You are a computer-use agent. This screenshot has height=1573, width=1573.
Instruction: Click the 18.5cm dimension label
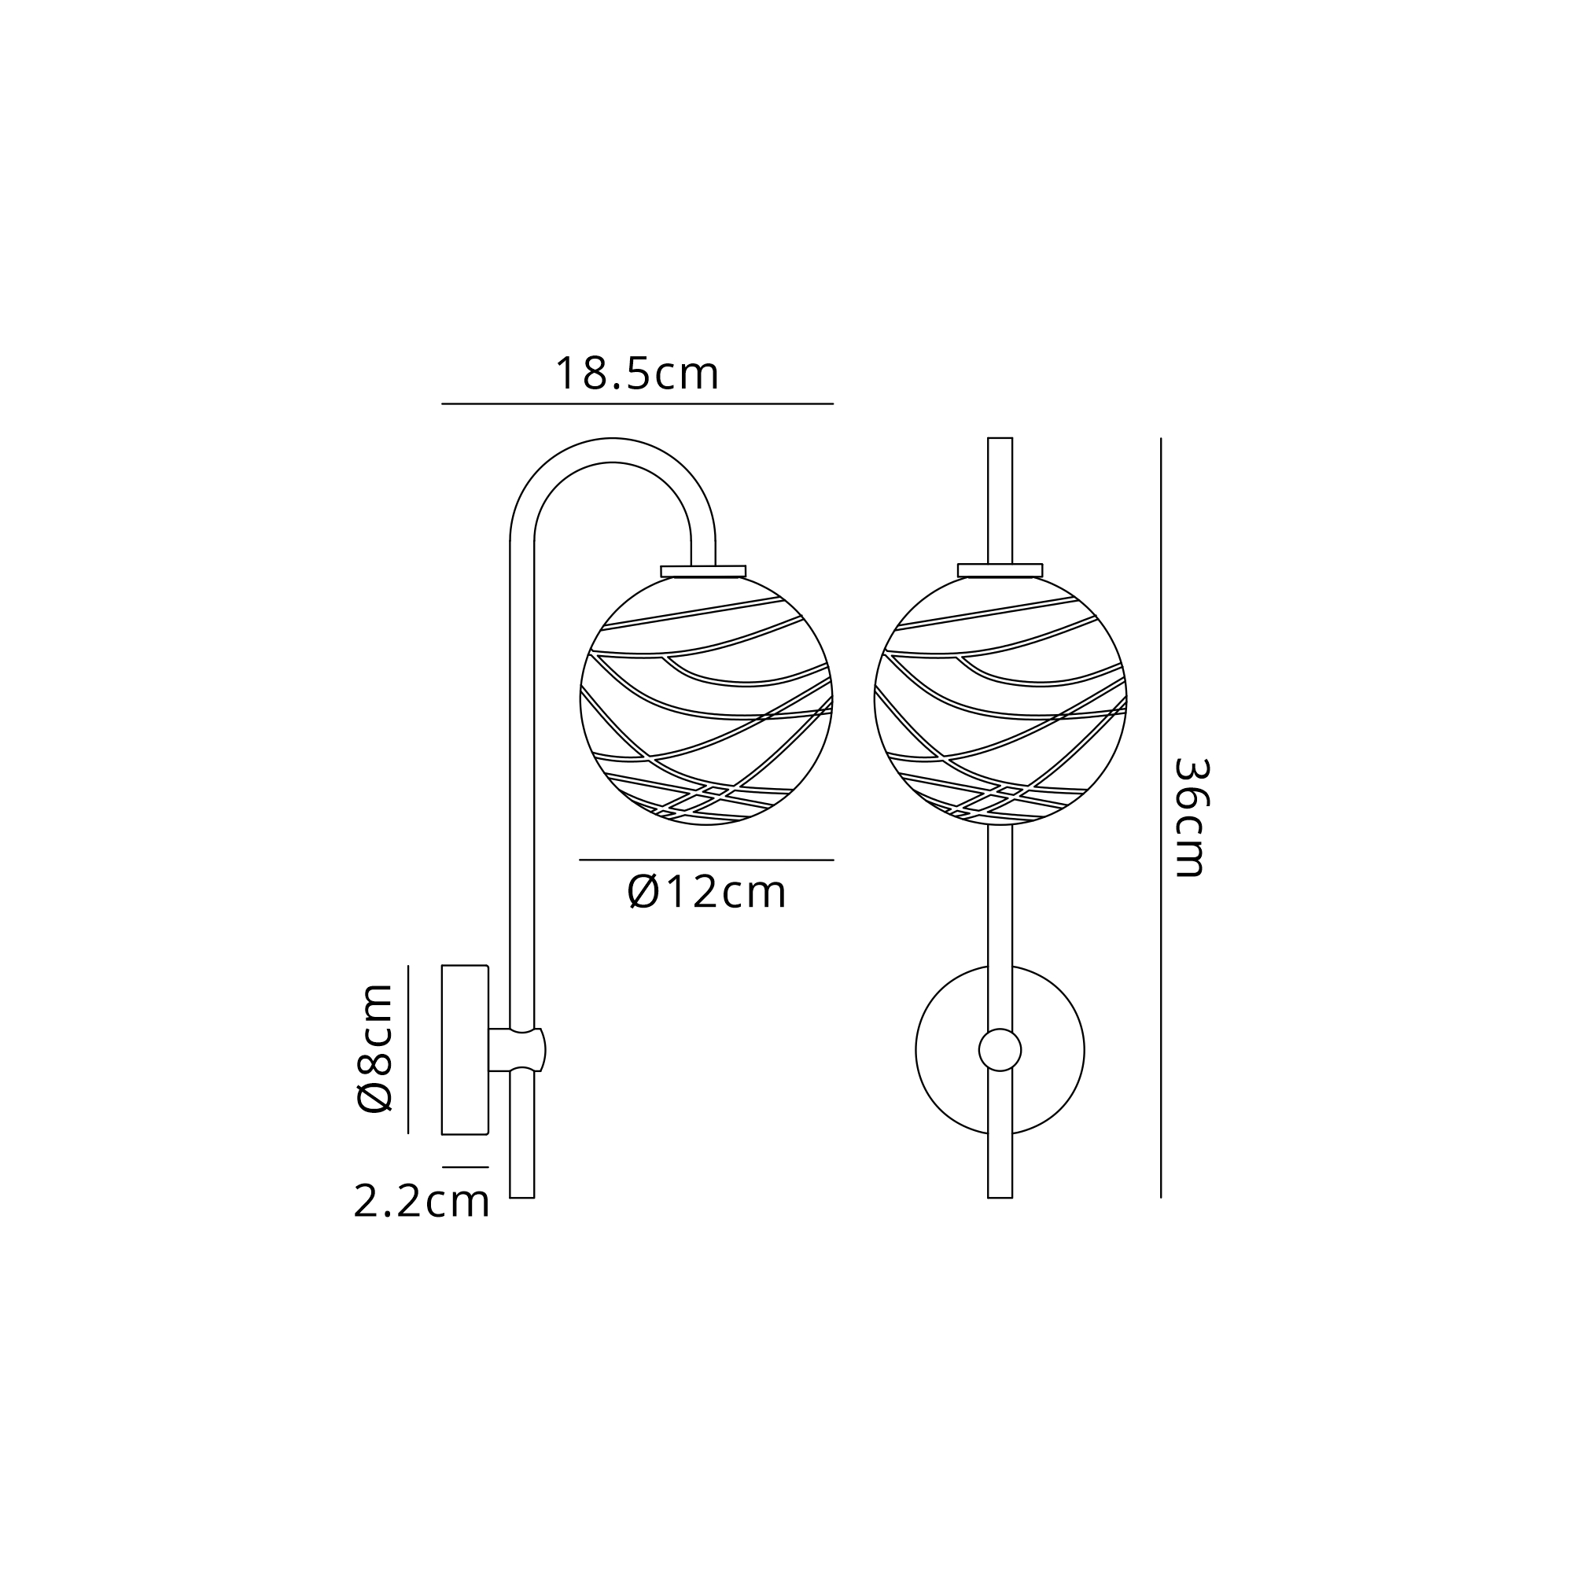coord(637,374)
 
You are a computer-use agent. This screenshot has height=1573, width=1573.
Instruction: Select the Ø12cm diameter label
coord(707,893)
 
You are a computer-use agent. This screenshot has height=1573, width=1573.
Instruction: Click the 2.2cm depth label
coord(422,1201)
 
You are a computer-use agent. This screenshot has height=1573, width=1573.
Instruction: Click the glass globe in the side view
coord(707,700)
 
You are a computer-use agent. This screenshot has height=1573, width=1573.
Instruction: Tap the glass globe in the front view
coord(1000,700)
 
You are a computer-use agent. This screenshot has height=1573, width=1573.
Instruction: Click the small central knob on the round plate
coord(1000,1050)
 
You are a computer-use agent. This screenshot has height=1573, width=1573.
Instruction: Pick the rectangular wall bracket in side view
coord(465,1049)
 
